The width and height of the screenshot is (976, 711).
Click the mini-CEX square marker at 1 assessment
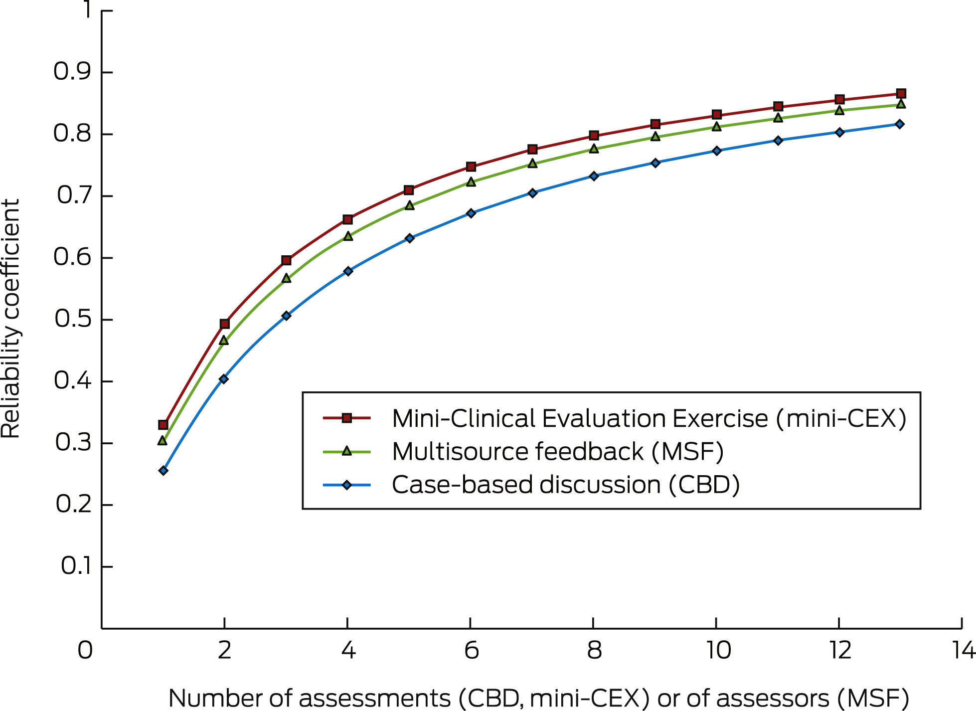point(163,425)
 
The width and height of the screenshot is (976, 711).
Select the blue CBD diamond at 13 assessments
point(900,124)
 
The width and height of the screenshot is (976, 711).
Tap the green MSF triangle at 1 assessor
point(163,441)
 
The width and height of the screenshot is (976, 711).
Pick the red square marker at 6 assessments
point(471,167)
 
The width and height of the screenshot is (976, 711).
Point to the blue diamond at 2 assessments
point(224,379)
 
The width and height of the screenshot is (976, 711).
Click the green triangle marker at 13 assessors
point(901,104)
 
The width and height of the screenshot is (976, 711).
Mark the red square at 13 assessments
point(901,94)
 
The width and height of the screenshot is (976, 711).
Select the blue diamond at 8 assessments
point(594,176)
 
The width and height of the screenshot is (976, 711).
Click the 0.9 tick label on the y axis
point(73,72)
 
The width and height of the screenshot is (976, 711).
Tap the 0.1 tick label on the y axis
point(76,566)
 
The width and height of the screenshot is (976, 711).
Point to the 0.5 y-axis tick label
point(74,319)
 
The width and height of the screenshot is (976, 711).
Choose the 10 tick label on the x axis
point(718,651)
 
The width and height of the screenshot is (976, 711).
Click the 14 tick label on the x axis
point(963,651)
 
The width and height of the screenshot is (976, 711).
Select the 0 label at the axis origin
point(85,651)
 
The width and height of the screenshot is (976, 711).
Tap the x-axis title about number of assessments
point(538,698)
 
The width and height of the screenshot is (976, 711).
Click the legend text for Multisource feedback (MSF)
point(557,452)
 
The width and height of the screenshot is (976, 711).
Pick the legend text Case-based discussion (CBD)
point(565,485)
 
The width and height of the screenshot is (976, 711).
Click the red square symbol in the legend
point(347,418)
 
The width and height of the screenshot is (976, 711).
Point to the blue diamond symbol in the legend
point(347,485)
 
